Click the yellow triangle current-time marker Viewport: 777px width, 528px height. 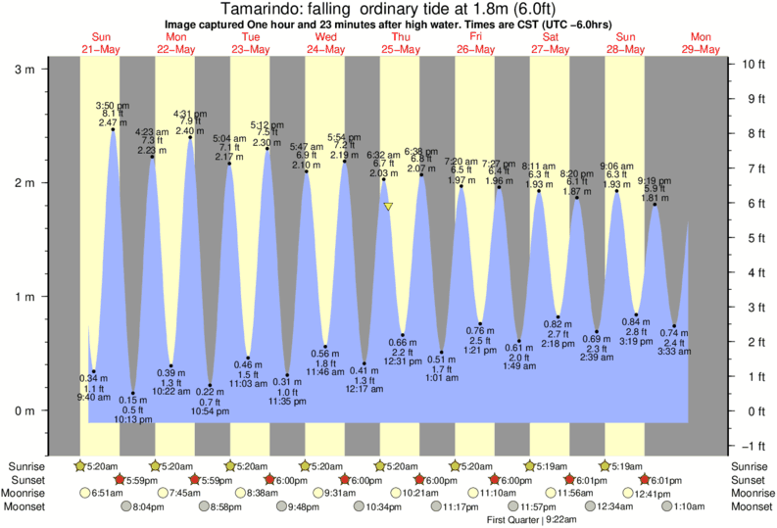389,207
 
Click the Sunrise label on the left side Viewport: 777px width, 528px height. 25,465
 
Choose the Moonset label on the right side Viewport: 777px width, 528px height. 749,506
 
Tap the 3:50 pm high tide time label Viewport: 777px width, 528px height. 111,105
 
